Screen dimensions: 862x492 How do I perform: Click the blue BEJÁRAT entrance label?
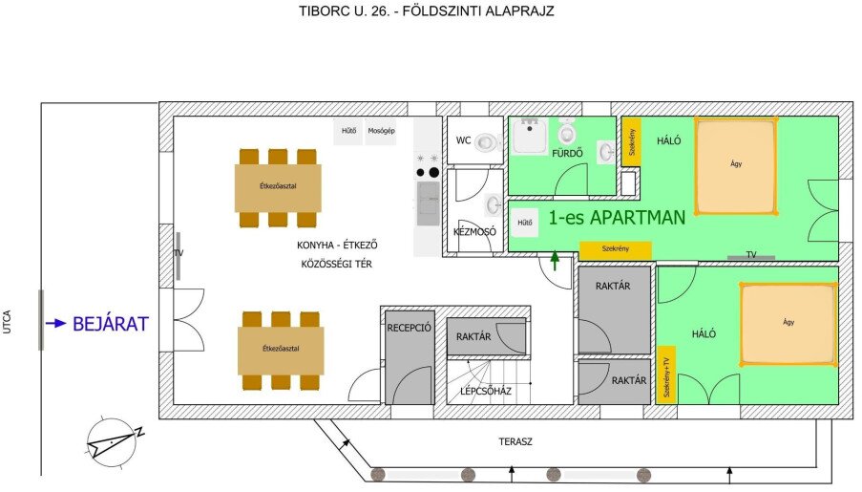(111, 324)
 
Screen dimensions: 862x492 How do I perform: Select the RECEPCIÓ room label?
(409, 328)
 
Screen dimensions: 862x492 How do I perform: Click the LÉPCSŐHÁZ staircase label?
(486, 391)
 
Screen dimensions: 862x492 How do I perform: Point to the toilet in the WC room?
(487, 142)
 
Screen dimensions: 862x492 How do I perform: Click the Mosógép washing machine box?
(381, 131)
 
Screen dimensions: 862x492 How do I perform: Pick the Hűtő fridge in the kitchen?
(348, 131)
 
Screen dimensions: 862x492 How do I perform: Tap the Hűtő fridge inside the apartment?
(524, 223)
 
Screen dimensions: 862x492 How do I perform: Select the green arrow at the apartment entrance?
(555, 260)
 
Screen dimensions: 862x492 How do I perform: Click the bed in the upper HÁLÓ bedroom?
(736, 165)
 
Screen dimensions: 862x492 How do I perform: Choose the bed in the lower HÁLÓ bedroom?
(788, 324)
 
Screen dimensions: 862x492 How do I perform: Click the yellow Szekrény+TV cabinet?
(666, 374)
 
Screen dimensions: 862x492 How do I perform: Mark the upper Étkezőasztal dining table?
(278, 187)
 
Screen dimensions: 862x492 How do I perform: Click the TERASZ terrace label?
(515, 441)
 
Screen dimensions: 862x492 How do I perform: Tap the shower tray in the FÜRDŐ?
(530, 136)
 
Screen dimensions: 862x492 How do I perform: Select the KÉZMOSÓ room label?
(474, 232)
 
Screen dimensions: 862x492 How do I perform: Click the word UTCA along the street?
(7, 322)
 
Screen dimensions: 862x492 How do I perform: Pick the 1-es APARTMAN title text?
(617, 218)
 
